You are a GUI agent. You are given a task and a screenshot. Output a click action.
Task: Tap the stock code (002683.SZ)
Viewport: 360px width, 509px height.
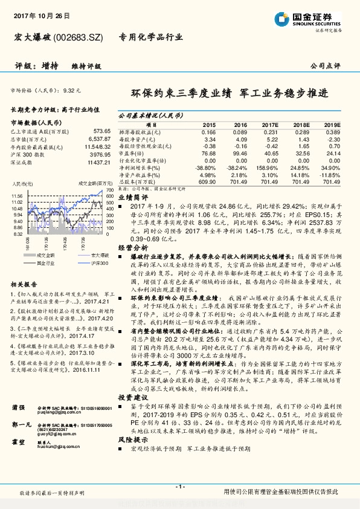tap(83, 37)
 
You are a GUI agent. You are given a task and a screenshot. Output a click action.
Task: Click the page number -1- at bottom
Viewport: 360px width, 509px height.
tap(179, 487)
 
